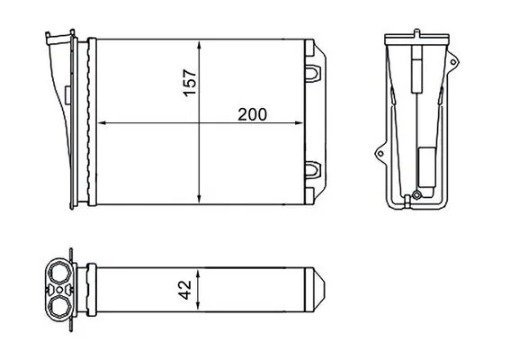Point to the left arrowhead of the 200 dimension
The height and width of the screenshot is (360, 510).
click(x=100, y=123)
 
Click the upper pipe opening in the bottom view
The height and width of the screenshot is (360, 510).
click(x=60, y=273)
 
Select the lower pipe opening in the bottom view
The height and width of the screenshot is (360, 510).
click(x=60, y=305)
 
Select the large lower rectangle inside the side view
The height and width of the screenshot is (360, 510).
click(x=423, y=167)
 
